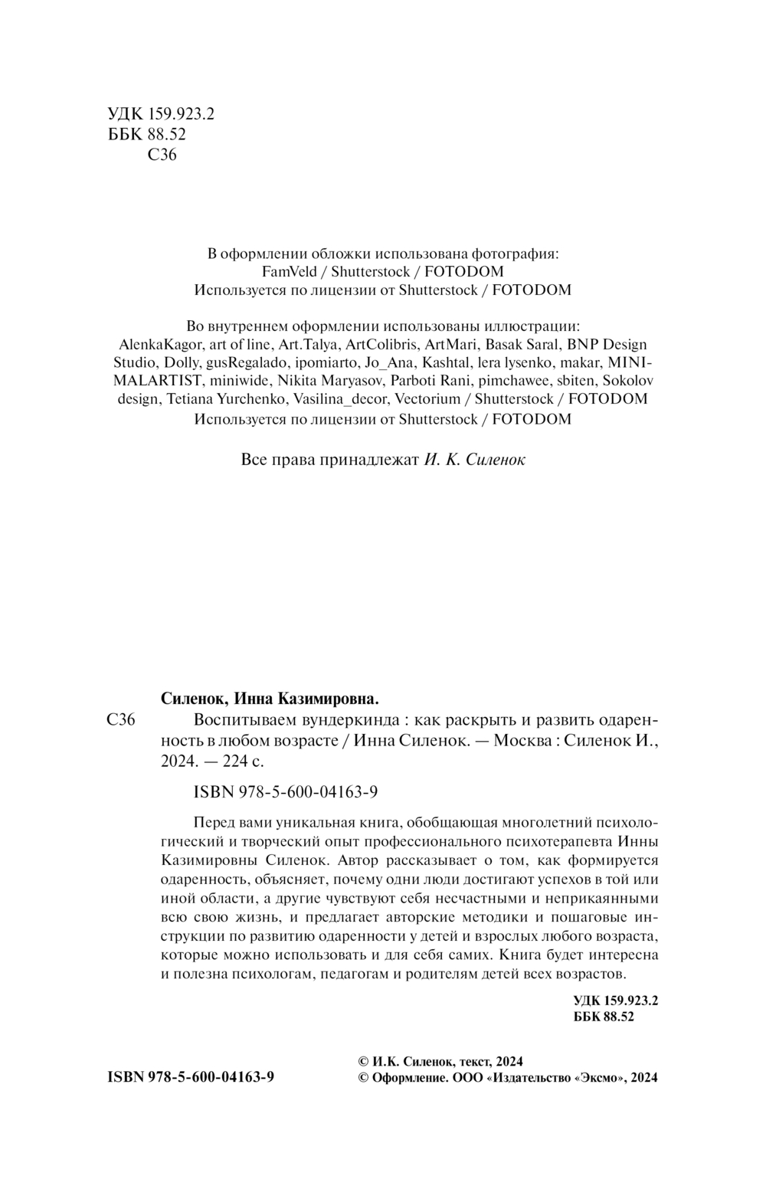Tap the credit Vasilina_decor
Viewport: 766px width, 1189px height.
pyautogui.click(x=341, y=399)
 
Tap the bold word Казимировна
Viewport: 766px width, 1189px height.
pyautogui.click(x=326, y=699)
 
